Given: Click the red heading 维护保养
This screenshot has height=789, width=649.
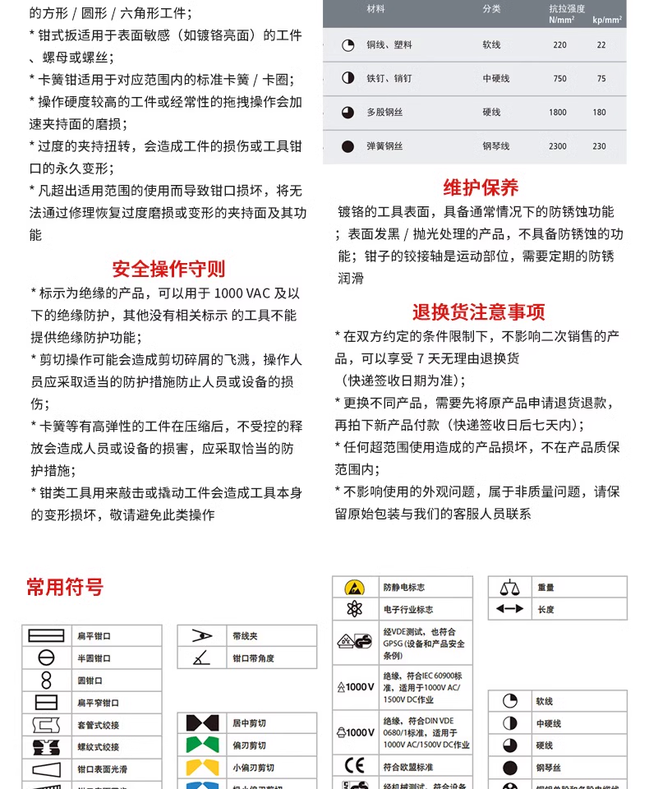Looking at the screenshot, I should click(x=481, y=187).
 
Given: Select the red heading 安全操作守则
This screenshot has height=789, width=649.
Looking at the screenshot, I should click(x=168, y=269).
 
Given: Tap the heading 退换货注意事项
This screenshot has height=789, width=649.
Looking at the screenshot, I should click(x=478, y=312).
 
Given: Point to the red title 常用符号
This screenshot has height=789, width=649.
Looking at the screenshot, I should click(x=65, y=588).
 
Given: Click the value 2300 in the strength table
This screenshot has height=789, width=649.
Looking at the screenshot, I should click(x=558, y=146).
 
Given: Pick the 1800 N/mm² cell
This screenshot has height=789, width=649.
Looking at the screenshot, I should click(x=558, y=113).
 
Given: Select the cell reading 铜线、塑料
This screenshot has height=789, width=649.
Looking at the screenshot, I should click(x=389, y=45).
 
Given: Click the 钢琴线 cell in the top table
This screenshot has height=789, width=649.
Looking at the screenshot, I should click(x=495, y=146).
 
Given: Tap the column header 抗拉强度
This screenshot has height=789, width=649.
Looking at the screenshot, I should click(x=567, y=8).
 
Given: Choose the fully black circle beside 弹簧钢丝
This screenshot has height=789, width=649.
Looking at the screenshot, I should click(x=348, y=146).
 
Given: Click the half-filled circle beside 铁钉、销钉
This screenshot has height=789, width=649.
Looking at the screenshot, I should click(x=348, y=79).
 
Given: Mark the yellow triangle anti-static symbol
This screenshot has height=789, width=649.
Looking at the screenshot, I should click(x=354, y=588).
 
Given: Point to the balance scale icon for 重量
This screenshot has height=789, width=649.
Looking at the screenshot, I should click(x=509, y=587).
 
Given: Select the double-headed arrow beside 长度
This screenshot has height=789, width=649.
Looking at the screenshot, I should click(x=509, y=609).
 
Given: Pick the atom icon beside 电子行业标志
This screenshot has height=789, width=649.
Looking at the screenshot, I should click(x=354, y=610).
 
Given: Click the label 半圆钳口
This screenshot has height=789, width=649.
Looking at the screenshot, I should click(x=94, y=658).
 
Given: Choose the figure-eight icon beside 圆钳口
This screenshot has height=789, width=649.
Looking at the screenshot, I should click(x=46, y=681).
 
